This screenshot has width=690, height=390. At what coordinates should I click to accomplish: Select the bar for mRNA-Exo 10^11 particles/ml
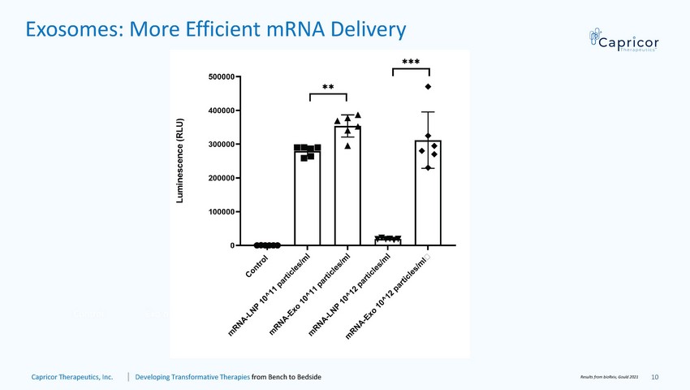347,187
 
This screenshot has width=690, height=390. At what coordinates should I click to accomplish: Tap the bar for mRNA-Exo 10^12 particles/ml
428,195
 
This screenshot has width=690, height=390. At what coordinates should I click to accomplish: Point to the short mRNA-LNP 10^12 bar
387,241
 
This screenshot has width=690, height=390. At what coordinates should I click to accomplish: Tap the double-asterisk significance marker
328,87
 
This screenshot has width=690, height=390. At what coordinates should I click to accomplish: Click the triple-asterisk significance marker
411,62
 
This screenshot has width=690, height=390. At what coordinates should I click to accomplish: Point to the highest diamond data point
428,86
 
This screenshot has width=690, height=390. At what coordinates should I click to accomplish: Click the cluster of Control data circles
267,245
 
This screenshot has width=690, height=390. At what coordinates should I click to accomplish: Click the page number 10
655,377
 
